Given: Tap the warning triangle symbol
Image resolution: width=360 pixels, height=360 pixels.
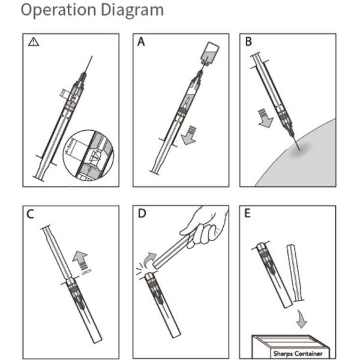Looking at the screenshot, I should (33, 42).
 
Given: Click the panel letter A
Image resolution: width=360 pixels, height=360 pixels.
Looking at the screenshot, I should (142, 42).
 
